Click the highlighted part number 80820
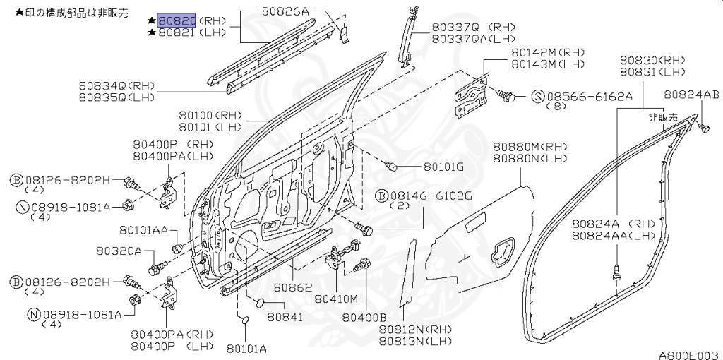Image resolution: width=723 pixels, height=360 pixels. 177,20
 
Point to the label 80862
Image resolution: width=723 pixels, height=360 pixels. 293,287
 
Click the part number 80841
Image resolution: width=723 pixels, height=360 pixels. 286,318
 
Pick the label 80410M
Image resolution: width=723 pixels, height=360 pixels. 336,299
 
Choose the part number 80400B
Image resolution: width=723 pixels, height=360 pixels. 364,318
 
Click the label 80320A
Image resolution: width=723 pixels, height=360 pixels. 119,251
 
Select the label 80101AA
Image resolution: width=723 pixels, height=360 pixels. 143,229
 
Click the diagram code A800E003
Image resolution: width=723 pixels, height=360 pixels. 690,354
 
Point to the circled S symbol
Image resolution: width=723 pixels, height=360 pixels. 539,97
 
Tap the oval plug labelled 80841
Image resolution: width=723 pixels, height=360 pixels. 260,303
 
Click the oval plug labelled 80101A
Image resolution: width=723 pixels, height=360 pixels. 245,320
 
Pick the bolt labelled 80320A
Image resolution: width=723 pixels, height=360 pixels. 157,268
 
